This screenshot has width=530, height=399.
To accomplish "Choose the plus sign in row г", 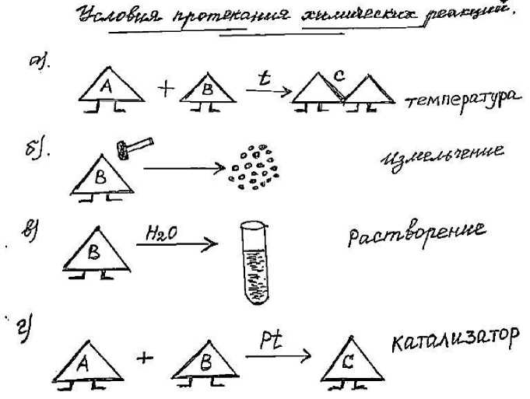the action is point(146,359).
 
